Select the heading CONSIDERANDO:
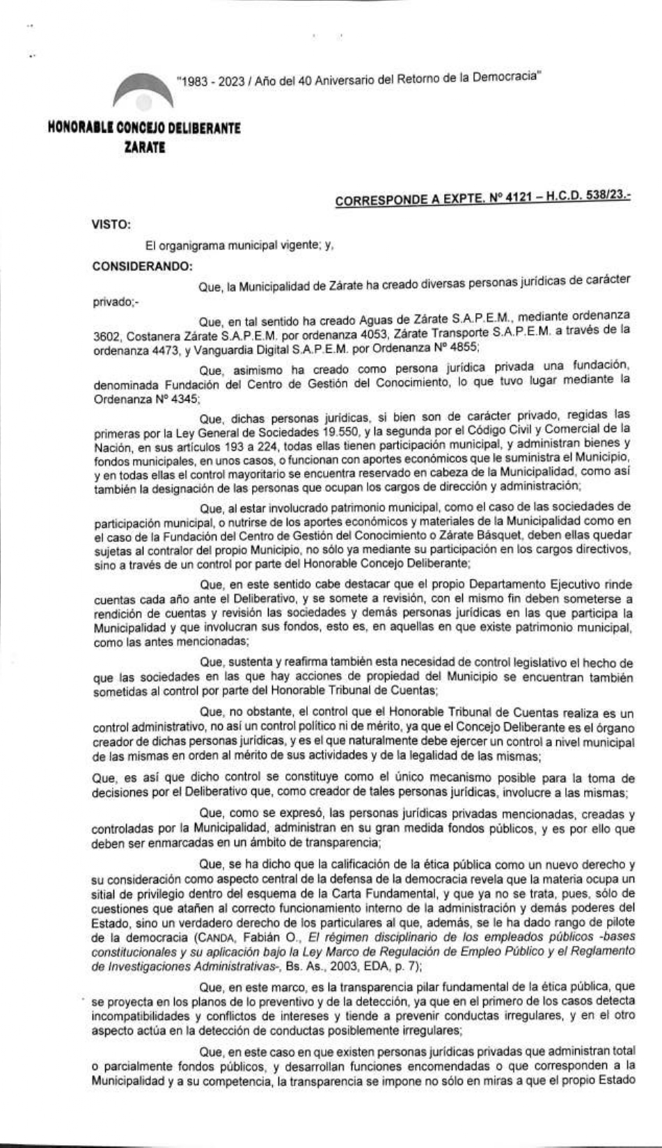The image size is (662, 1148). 142,266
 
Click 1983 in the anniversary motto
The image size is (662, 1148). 191,81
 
